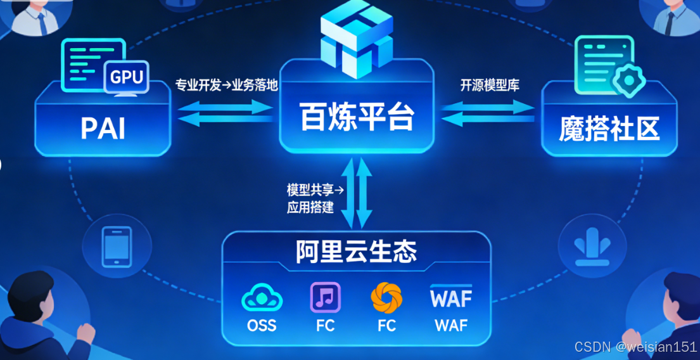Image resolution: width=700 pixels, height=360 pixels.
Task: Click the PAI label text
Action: point(103,129)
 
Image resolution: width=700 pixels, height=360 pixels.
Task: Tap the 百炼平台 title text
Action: point(357,117)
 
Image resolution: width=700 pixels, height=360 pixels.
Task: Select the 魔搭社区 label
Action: point(609,129)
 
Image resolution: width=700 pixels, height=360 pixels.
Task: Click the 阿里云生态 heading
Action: point(356,252)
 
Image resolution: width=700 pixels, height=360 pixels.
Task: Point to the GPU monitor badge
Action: point(127,77)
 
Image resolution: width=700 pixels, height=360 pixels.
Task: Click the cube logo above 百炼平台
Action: point(357,35)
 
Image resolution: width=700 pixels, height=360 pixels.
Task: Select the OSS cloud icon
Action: point(262,298)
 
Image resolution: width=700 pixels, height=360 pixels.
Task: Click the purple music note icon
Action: point(326,297)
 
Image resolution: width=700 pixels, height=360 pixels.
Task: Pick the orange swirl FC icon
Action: point(386,297)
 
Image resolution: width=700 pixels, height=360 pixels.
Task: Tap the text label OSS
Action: point(262,326)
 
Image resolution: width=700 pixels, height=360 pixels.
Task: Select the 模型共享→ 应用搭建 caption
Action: point(310,198)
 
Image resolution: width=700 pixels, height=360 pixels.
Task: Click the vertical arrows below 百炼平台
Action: point(357,193)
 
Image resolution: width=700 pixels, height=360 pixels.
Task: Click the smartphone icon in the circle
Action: point(117,245)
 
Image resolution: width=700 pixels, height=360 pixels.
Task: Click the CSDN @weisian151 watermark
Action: point(635,347)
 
